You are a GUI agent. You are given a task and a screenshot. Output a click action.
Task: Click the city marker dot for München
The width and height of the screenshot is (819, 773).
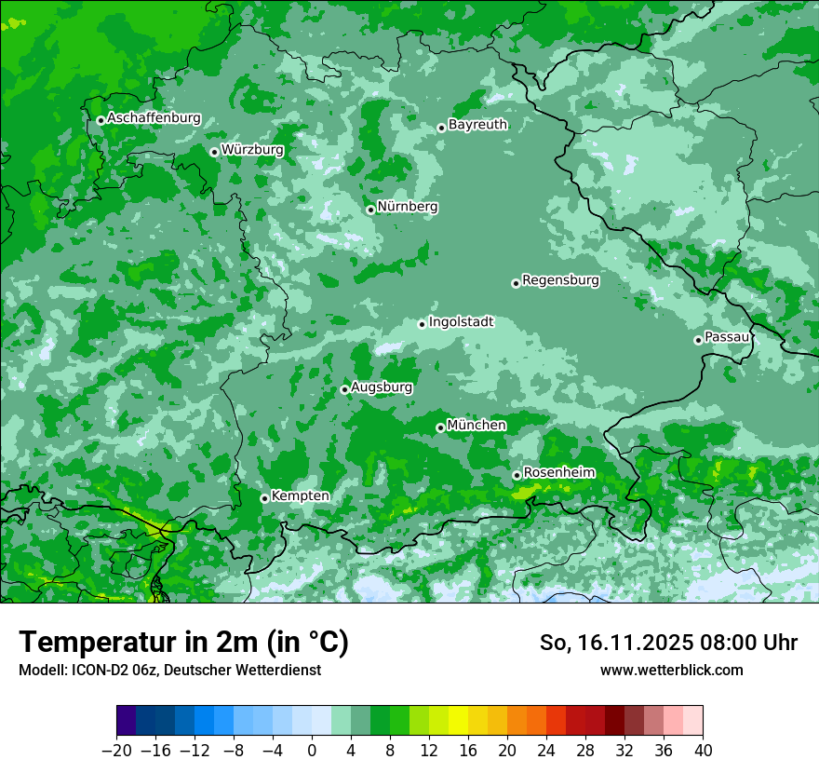pyautogui.click(x=440, y=427)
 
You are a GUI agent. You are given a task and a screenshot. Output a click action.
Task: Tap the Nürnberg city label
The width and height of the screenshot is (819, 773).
pyautogui.click(x=408, y=207)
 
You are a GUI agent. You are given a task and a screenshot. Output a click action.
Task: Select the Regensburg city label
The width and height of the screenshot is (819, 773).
pyautogui.click(x=560, y=280)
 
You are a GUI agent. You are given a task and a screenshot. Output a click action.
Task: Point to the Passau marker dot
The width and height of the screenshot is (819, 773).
pyautogui.click(x=698, y=340)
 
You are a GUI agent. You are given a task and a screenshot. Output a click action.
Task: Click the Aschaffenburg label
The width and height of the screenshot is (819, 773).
pyautogui.click(x=154, y=118)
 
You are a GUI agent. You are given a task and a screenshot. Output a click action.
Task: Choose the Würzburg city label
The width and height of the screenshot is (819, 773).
pyautogui.click(x=252, y=150)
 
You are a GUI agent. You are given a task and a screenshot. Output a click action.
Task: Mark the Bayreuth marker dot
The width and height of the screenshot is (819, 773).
pyautogui.click(x=441, y=128)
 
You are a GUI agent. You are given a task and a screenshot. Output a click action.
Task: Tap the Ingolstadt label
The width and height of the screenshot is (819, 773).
pyautogui.click(x=461, y=322)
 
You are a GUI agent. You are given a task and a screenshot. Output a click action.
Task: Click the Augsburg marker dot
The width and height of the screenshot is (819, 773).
pyautogui.click(x=344, y=389)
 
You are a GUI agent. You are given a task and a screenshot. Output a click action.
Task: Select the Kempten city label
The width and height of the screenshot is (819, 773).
pyautogui.click(x=300, y=496)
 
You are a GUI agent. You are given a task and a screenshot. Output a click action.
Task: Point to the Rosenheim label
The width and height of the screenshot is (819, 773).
pyautogui.click(x=558, y=473)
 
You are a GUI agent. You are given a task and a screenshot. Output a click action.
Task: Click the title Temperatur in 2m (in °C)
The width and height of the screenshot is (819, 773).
pyautogui.click(x=183, y=643)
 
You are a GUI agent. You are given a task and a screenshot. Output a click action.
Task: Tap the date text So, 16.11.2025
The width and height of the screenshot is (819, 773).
pyautogui.click(x=614, y=643)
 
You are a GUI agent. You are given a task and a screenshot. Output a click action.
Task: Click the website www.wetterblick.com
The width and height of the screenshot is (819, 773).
pyautogui.click(x=671, y=670)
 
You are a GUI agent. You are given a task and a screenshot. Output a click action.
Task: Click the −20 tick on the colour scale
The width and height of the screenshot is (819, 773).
pyautogui.click(x=116, y=751)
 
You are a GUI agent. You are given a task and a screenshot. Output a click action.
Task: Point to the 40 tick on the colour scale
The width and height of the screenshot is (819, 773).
pyautogui.click(x=703, y=751)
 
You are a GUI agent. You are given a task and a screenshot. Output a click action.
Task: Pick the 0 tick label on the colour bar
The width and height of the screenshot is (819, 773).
pyautogui.click(x=312, y=751)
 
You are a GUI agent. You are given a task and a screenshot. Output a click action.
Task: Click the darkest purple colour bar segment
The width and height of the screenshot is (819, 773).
pyautogui.click(x=126, y=721)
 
